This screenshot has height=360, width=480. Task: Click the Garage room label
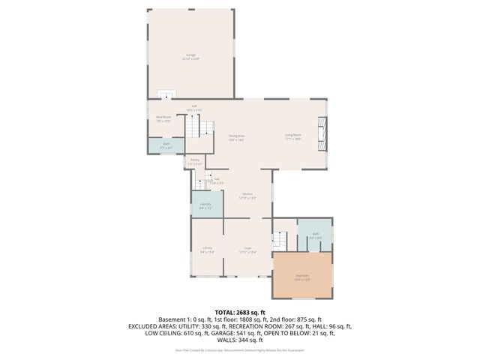click(190, 57)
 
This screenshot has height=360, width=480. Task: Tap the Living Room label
click(292, 136)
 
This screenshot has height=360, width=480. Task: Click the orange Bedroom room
click(302, 276)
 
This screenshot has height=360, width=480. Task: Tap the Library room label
click(207, 250)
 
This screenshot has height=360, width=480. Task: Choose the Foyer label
click(247, 250)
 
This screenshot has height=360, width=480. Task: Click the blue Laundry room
click(206, 205)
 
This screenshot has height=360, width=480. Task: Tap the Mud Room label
click(163, 118)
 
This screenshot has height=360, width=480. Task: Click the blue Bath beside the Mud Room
click(166, 145)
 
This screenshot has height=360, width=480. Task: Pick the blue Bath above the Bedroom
click(316, 235)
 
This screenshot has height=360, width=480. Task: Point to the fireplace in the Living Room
click(321, 133)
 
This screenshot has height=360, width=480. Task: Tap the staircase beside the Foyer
click(279, 241)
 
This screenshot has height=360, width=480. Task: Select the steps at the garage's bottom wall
click(166, 95)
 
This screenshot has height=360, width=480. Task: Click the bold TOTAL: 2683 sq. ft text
click(240, 312)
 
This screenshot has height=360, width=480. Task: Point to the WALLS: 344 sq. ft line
click(240, 340)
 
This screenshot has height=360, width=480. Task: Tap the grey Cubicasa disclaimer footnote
click(240, 350)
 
